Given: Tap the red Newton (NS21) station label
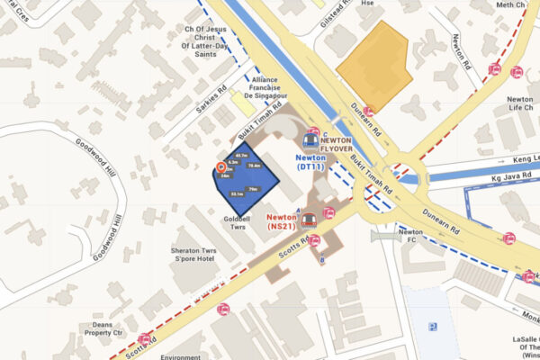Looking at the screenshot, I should (x=283, y=221).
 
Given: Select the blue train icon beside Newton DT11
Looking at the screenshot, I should (x=310, y=139).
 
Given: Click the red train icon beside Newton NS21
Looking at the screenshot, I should (x=309, y=219).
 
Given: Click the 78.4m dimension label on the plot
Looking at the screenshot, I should (x=254, y=166).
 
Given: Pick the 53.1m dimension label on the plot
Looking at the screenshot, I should (x=237, y=193).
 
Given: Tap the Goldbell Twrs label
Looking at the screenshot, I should (x=238, y=223).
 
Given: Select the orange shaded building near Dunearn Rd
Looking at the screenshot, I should (x=375, y=65).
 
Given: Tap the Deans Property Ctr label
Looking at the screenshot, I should (x=103, y=328).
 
